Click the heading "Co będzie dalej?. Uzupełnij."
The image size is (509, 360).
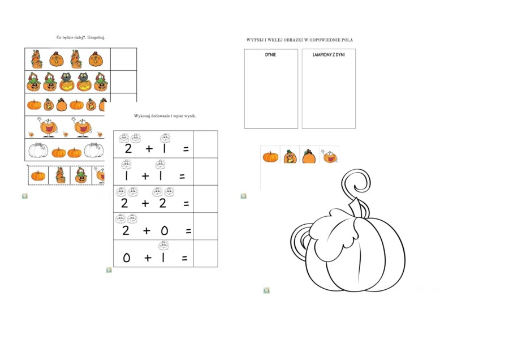click(81, 37)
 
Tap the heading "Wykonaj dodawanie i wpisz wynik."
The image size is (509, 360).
click(165, 116)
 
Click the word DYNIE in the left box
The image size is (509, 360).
click(270, 55)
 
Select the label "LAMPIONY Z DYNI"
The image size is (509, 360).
click(329, 55)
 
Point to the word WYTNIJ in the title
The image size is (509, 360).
click(254, 40)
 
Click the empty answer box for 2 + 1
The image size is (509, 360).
click(205, 144)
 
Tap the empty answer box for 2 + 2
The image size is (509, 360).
click(205, 199)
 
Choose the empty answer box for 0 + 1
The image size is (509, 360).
click(205, 254)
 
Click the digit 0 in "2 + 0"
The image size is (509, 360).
click(164, 231)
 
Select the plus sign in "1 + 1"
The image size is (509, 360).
click(145, 176)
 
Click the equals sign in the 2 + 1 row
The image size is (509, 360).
click(186, 149)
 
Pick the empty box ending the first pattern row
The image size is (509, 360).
click(123, 59)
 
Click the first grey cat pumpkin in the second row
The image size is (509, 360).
click(67, 82)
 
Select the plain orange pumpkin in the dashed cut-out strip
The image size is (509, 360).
click(38, 176)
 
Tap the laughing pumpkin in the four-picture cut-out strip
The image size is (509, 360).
click(330, 156)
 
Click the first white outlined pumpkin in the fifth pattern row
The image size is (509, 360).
click(38, 150)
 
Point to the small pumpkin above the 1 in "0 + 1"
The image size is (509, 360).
click(163, 246)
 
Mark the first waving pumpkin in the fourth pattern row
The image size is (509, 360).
click(48, 127)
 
